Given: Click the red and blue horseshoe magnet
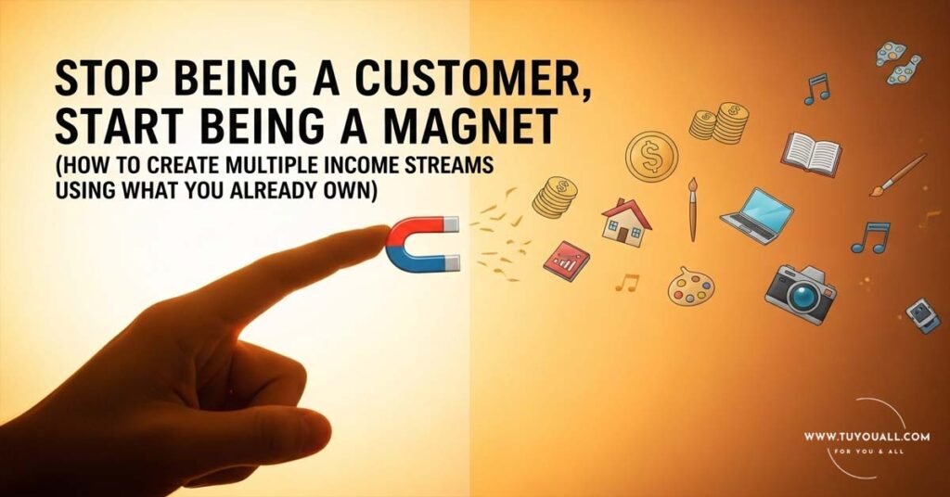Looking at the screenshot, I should click(422, 243).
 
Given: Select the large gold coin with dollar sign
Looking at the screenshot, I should click(651, 155).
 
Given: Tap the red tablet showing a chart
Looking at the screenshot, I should click(566, 261).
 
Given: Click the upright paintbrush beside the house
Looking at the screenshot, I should click(692, 209).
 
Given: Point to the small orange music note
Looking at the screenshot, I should click(628, 282).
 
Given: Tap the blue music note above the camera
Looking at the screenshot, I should click(871, 236).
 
